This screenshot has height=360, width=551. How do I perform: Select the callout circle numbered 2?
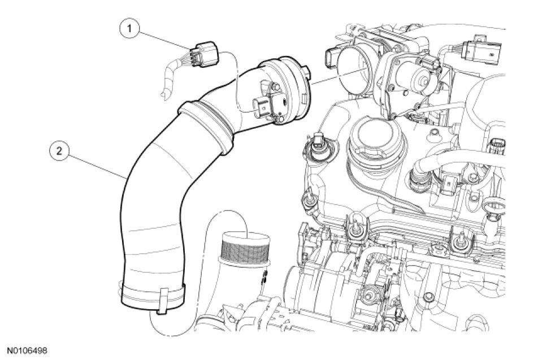tap(59, 151)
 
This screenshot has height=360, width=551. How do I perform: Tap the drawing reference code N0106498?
tap(27, 350)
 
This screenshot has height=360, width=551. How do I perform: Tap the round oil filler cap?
tap(371, 137)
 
